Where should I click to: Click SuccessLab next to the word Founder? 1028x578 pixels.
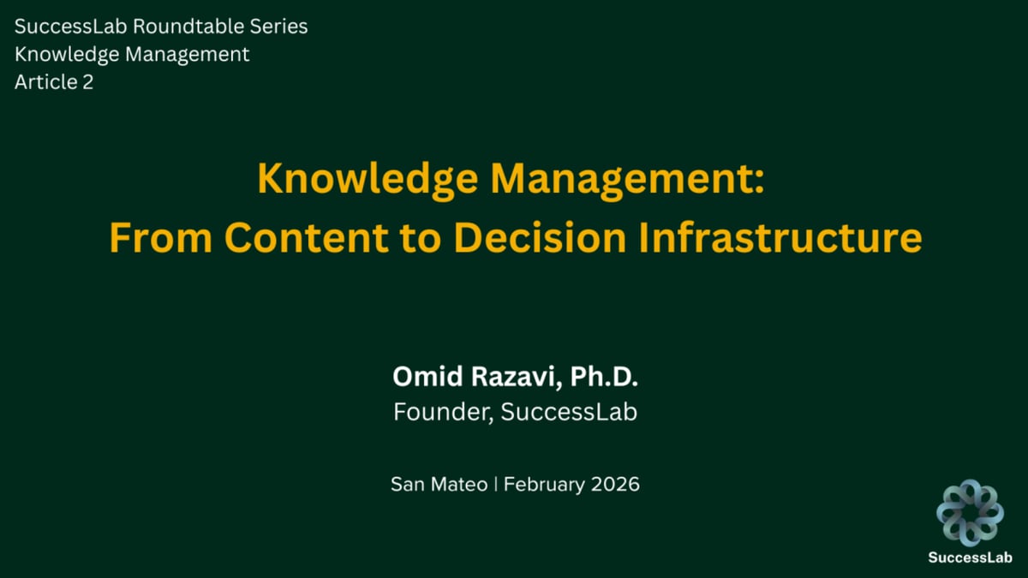coord(569,412)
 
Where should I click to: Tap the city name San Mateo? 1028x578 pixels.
coord(438,485)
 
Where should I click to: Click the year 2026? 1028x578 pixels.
coord(614,485)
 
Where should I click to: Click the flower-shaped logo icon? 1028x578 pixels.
coord(970,512)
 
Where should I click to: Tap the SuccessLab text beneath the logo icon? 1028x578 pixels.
coord(970,557)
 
